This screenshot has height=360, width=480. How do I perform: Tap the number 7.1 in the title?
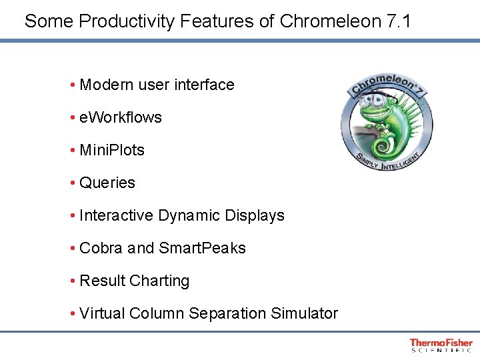click(x=399, y=21)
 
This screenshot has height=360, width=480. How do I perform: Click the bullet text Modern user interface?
click(x=157, y=85)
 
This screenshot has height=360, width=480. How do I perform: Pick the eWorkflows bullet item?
click(x=120, y=117)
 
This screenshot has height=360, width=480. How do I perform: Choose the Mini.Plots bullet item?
click(x=111, y=150)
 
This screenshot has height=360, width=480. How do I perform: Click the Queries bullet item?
click(x=107, y=183)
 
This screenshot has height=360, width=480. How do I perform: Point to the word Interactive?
click(x=117, y=215)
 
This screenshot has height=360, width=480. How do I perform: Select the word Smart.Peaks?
click(x=202, y=248)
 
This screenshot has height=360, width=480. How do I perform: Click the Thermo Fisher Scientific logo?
click(x=441, y=345)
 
